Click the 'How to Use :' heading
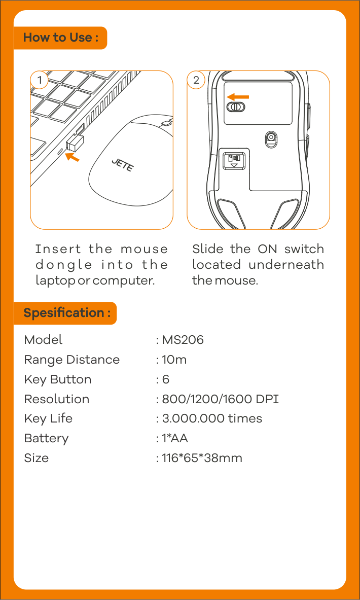point(60,38)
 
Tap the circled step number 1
point(39,80)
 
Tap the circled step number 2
point(196,80)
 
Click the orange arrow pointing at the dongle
point(73,156)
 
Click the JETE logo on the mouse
point(122,165)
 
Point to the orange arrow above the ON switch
point(238,97)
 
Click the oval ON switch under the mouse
point(236,107)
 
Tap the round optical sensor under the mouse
point(271,136)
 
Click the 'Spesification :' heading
point(67,313)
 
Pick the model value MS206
point(183,340)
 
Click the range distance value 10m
point(174,360)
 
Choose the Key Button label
point(58,379)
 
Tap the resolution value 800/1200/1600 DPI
point(221,400)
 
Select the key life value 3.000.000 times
point(212,418)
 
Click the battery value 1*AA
point(175,438)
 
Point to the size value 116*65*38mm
point(202,458)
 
